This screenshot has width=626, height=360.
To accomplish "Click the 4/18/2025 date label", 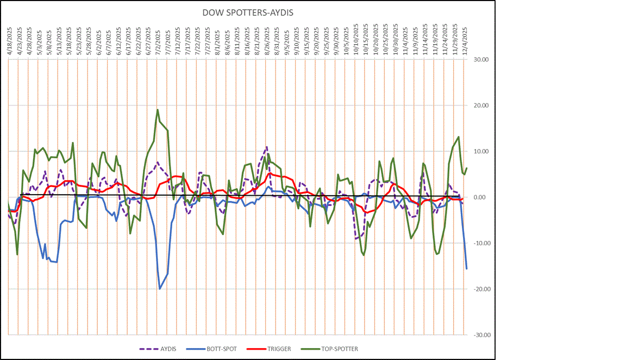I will (9, 39).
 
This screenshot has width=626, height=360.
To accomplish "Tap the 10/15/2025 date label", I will (365, 38).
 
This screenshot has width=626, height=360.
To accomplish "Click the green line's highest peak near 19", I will (158, 110).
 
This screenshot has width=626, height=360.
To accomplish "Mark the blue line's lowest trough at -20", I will (160, 289).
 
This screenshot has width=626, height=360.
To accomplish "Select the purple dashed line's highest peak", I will (267, 147).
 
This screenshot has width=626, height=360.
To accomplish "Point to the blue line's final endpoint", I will (467, 269).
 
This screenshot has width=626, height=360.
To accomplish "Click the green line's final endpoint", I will (467, 167).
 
